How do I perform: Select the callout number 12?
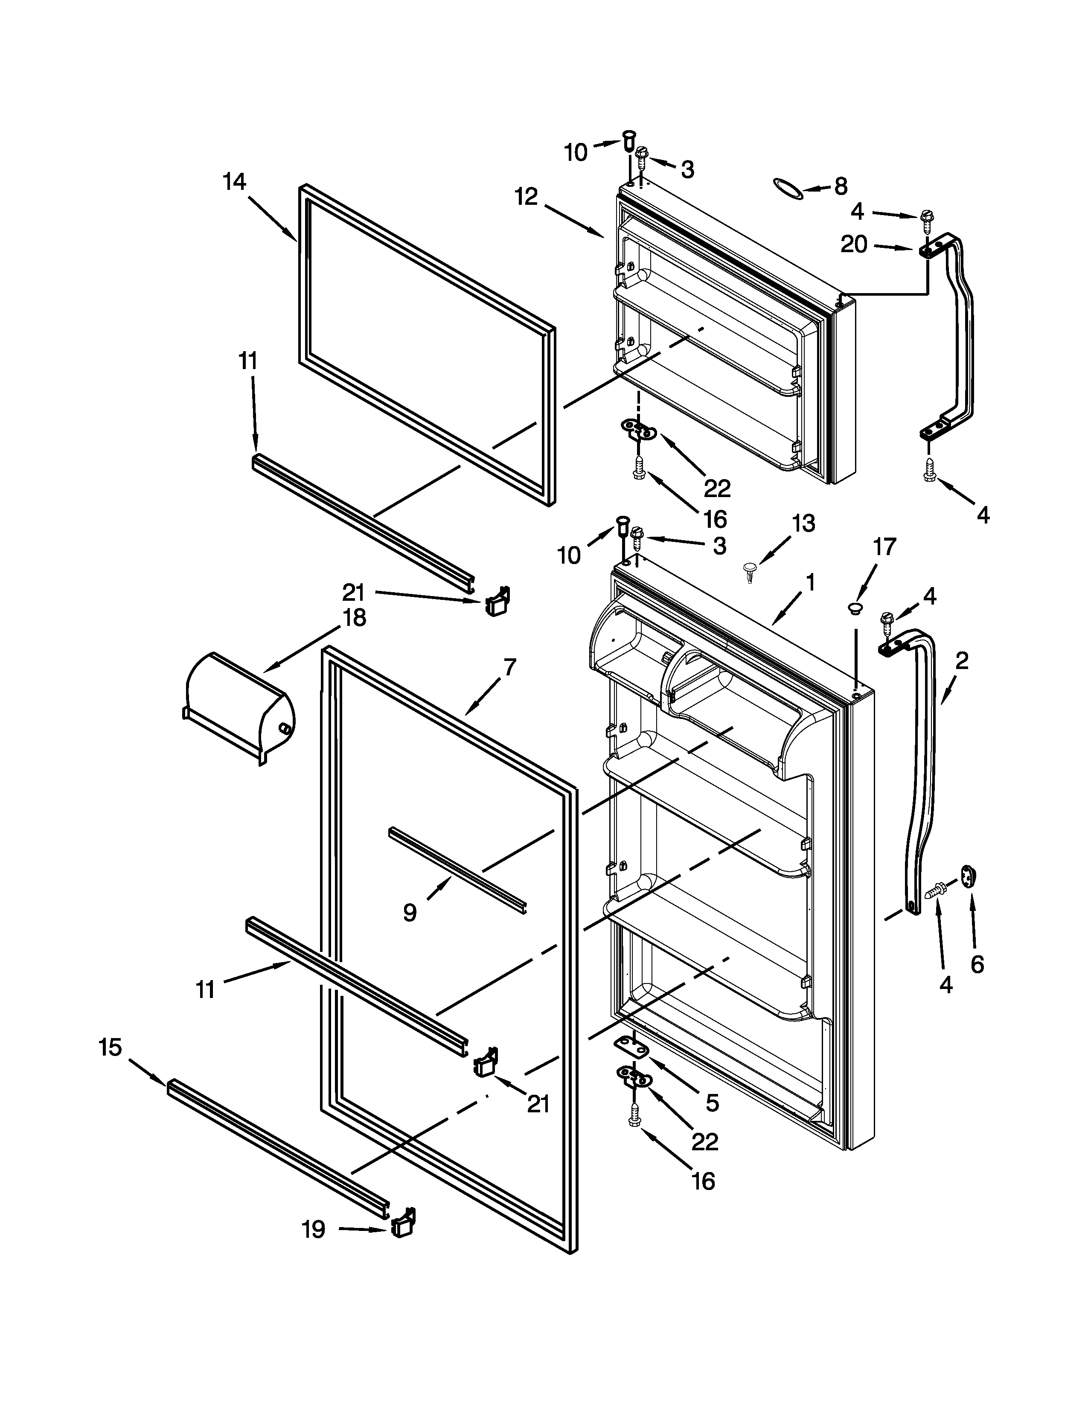pyautogui.click(x=527, y=197)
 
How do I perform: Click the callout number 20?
pyautogui.click(x=854, y=244)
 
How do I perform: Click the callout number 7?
pyautogui.click(x=510, y=667)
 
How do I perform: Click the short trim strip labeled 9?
pyautogui.click(x=458, y=868)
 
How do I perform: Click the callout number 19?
pyautogui.click(x=314, y=1230)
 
